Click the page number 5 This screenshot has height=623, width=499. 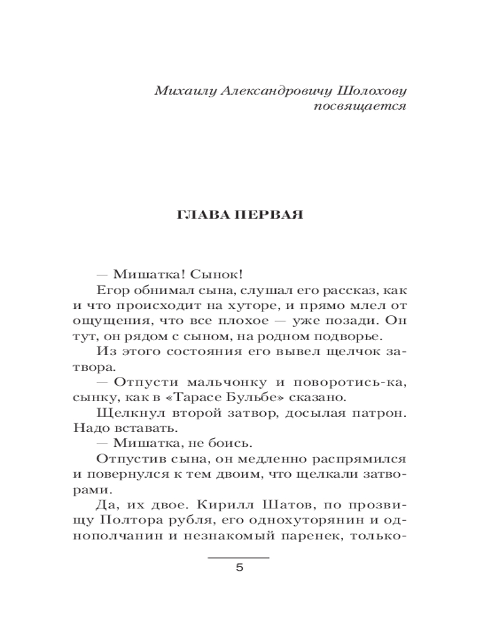coord(238,569)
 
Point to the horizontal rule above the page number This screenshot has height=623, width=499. coord(238,557)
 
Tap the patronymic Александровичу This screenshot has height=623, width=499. coord(271,91)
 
